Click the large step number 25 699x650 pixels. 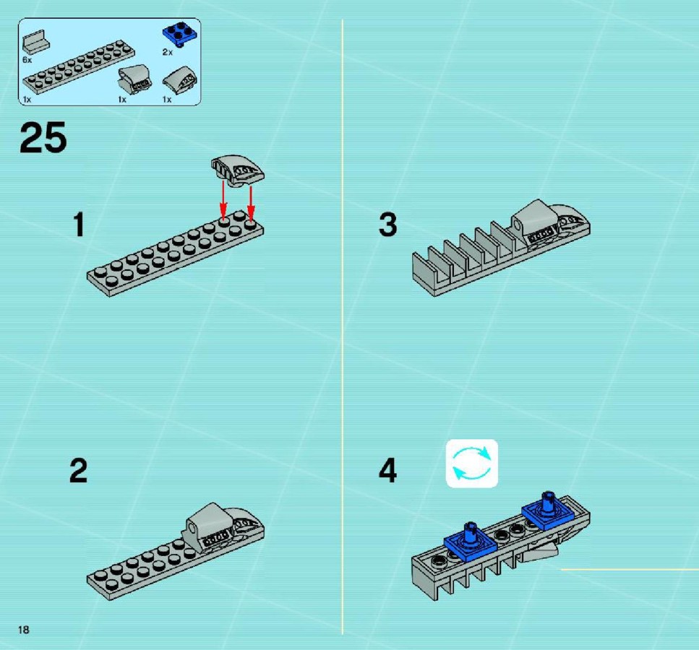43,138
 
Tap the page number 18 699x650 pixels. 24,630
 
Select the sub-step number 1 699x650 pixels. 79,225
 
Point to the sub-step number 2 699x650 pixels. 79,471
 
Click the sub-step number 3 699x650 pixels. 388,225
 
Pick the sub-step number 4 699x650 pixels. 388,471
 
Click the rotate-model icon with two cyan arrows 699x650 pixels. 472,464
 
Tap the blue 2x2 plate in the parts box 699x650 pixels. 181,34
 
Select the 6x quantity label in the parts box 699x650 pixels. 27,60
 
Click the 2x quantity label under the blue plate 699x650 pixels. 167,52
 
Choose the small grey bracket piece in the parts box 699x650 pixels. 35,43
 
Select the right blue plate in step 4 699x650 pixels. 547,511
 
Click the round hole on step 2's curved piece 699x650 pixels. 192,529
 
